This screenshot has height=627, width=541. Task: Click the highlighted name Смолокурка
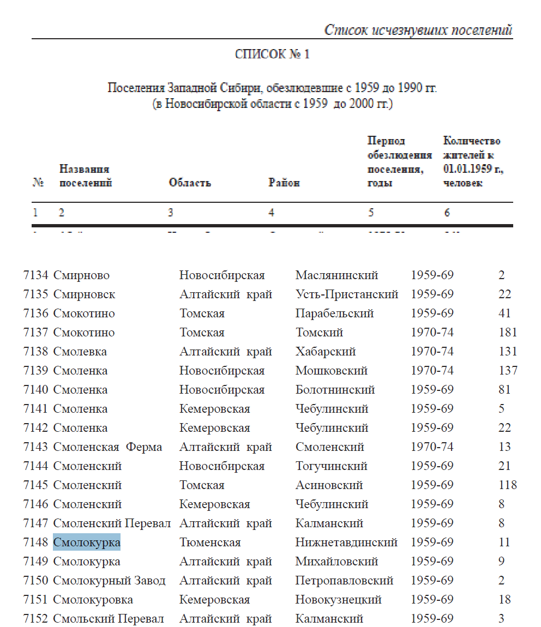(87, 542)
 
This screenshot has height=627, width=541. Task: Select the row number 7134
(36, 275)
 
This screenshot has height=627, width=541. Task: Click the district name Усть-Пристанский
(347, 294)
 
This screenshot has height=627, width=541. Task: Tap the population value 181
(508, 333)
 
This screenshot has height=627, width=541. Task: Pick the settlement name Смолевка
(80, 352)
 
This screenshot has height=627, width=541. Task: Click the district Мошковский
(332, 371)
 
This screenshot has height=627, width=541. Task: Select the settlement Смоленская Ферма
(107, 447)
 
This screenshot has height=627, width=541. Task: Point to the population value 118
(508, 485)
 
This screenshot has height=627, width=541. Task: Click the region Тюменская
(210, 542)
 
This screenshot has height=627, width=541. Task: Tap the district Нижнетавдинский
(346, 542)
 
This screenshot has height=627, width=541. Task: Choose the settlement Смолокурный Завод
(109, 581)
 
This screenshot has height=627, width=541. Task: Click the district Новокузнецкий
(339, 600)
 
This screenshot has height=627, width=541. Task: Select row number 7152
(36, 619)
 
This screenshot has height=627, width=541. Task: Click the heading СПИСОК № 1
(272, 55)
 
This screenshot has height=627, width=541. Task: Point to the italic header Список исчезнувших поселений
(418, 30)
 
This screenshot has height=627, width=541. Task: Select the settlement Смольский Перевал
(109, 619)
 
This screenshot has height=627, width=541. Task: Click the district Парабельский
(335, 314)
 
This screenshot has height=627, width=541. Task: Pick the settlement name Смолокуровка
(93, 600)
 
